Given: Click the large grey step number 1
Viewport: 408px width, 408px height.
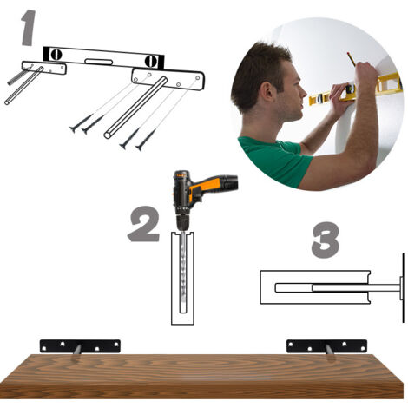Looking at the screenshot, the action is point(28,28).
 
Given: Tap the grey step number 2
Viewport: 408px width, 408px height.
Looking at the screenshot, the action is point(144,224).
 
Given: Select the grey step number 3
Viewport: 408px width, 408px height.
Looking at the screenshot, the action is point(326,240).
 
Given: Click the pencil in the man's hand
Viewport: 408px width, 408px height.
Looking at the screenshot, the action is point(352,59).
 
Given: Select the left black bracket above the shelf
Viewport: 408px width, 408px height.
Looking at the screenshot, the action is point(80,346).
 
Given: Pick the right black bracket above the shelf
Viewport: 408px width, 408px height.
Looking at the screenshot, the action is point(326,346).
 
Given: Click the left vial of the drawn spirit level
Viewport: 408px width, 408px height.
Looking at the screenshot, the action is point(56,55).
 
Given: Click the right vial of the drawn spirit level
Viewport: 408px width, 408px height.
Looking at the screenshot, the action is point(151,62).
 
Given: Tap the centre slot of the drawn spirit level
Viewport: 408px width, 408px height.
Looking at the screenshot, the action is point(98,62).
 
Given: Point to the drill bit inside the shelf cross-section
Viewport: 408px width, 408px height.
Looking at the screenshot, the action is point(183,272).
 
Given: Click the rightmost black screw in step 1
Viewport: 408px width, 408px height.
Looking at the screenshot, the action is point(146,141).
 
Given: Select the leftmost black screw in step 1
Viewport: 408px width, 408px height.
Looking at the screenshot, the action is point(81,123).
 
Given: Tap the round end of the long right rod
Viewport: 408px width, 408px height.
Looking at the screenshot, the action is point(108,135).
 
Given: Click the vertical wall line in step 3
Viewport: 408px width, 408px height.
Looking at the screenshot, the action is point(403,288).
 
